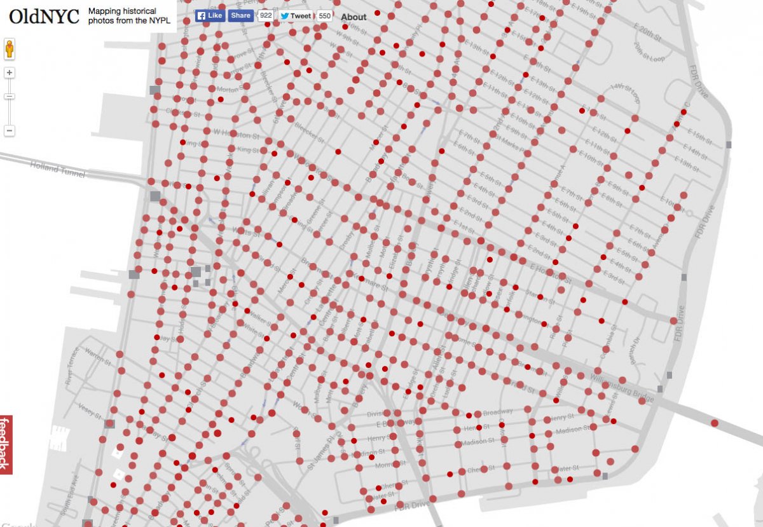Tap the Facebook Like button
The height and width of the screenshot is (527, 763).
(209, 15)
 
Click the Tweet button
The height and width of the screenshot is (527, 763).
(296, 16)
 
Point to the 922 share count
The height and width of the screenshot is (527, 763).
(266, 16)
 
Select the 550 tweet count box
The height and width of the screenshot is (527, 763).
(324, 16)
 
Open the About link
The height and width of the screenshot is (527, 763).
(354, 17)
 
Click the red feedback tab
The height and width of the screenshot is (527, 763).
(6, 444)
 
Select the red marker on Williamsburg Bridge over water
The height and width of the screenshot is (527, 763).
(714, 423)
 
